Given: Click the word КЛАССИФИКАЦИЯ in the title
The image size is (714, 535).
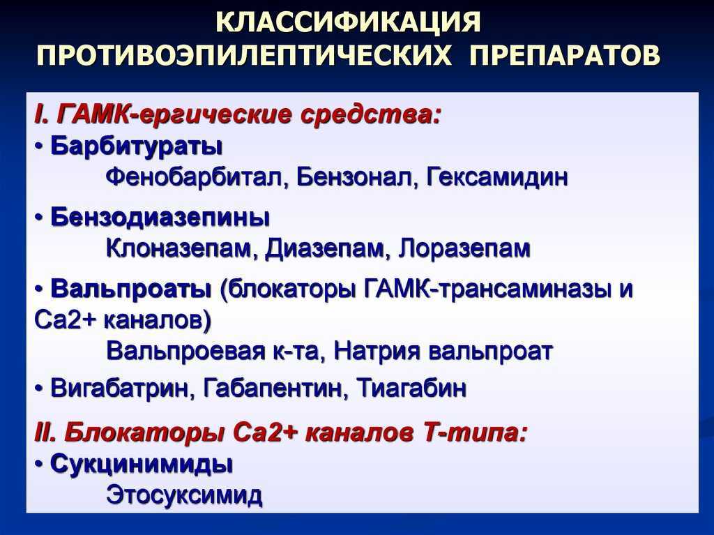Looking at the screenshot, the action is click(x=349, y=23).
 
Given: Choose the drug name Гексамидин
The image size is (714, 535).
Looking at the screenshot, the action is click(x=498, y=176).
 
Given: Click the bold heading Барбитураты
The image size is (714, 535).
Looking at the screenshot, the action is click(x=137, y=146).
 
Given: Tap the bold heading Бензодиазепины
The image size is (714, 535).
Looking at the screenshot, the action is click(x=160, y=218).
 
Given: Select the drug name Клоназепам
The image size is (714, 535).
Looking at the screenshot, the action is click(x=181, y=249).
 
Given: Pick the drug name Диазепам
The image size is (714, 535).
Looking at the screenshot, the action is click(x=324, y=249).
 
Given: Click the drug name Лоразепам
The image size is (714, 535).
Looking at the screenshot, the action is click(x=464, y=249).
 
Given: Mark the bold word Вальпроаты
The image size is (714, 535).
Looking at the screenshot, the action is click(x=131, y=289).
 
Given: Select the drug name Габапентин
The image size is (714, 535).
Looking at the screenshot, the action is click(x=273, y=389).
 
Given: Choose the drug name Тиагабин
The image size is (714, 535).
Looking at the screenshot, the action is click(x=411, y=389).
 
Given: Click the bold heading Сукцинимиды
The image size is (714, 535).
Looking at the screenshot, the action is click(x=142, y=465).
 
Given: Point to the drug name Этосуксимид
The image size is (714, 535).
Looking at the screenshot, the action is click(x=184, y=495).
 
